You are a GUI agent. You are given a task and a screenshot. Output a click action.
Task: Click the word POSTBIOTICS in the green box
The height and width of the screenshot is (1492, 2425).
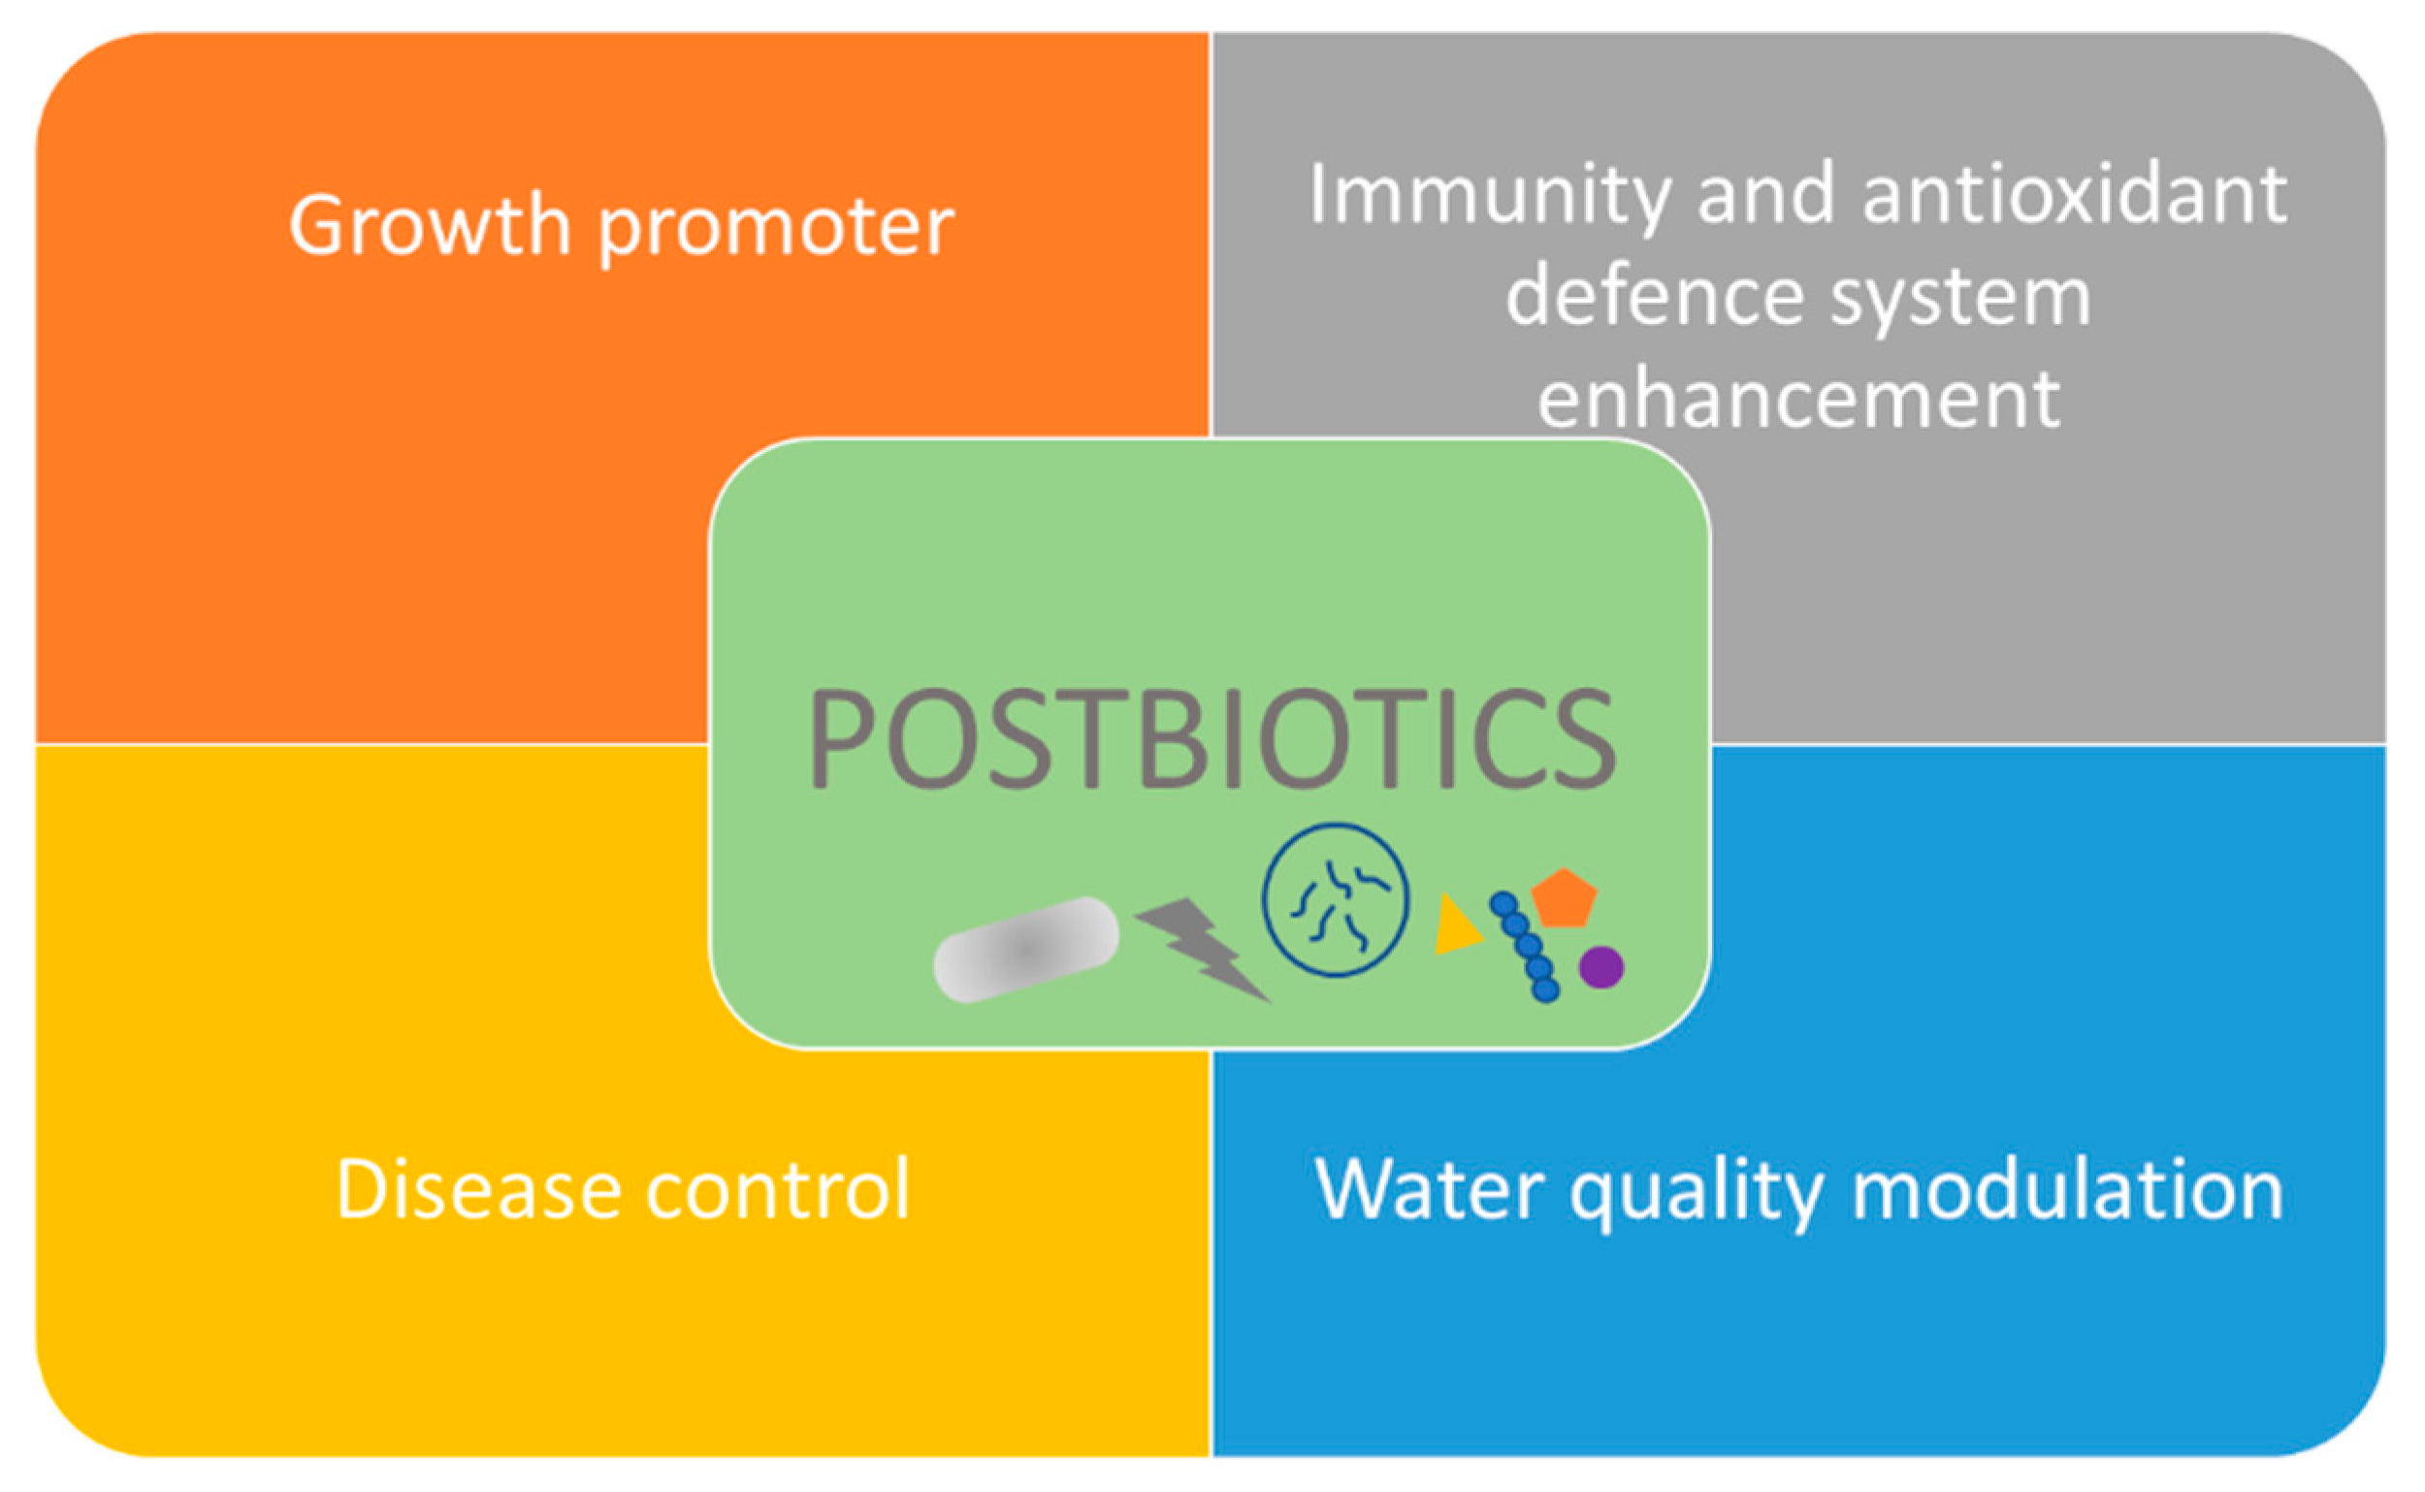pyautogui.click(x=1212, y=738)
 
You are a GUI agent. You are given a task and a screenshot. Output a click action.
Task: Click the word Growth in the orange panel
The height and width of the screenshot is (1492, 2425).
pyautogui.click(x=430, y=225)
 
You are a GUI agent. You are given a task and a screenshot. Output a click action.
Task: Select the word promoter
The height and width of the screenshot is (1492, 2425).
pyautogui.click(x=777, y=230)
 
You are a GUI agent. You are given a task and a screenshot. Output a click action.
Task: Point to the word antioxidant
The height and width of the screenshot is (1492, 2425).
pyautogui.click(x=2075, y=193)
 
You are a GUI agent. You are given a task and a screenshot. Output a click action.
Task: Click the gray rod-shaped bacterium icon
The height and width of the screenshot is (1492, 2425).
pyautogui.click(x=1026, y=950)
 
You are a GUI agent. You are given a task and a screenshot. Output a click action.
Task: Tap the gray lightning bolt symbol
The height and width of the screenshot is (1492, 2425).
pyautogui.click(x=1203, y=949)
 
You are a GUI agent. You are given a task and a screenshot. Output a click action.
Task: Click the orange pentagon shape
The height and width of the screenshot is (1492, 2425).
pyautogui.click(x=1564, y=898)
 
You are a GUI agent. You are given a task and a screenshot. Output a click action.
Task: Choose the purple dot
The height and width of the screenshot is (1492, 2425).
pyautogui.click(x=1601, y=967)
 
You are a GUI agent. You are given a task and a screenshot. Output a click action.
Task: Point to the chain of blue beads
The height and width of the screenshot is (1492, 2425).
pyautogui.click(x=1525, y=946)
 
